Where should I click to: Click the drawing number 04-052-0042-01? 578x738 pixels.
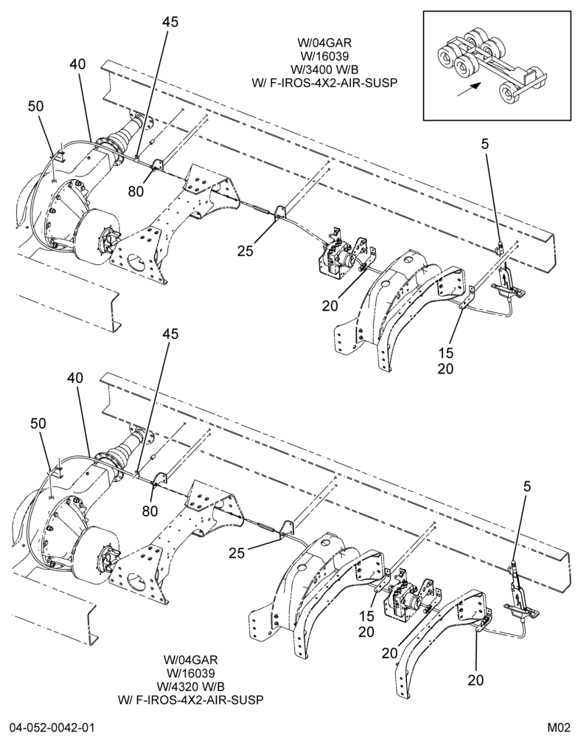[52, 728]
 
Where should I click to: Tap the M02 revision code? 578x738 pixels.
[559, 728]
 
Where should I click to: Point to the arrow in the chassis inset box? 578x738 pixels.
[470, 90]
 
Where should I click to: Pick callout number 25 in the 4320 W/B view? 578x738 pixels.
[237, 553]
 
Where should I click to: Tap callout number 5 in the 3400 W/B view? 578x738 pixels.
[485, 144]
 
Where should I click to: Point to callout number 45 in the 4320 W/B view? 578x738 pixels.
[171, 334]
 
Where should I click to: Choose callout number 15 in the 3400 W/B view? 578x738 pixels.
[446, 353]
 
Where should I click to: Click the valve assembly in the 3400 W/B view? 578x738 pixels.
[338, 257]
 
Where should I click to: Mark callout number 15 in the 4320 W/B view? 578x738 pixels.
[366, 616]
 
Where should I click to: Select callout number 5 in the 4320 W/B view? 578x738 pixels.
[526, 486]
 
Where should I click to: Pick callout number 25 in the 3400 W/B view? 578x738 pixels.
[245, 251]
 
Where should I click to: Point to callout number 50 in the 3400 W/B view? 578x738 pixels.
[35, 106]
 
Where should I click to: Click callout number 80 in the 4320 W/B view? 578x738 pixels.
[150, 510]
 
